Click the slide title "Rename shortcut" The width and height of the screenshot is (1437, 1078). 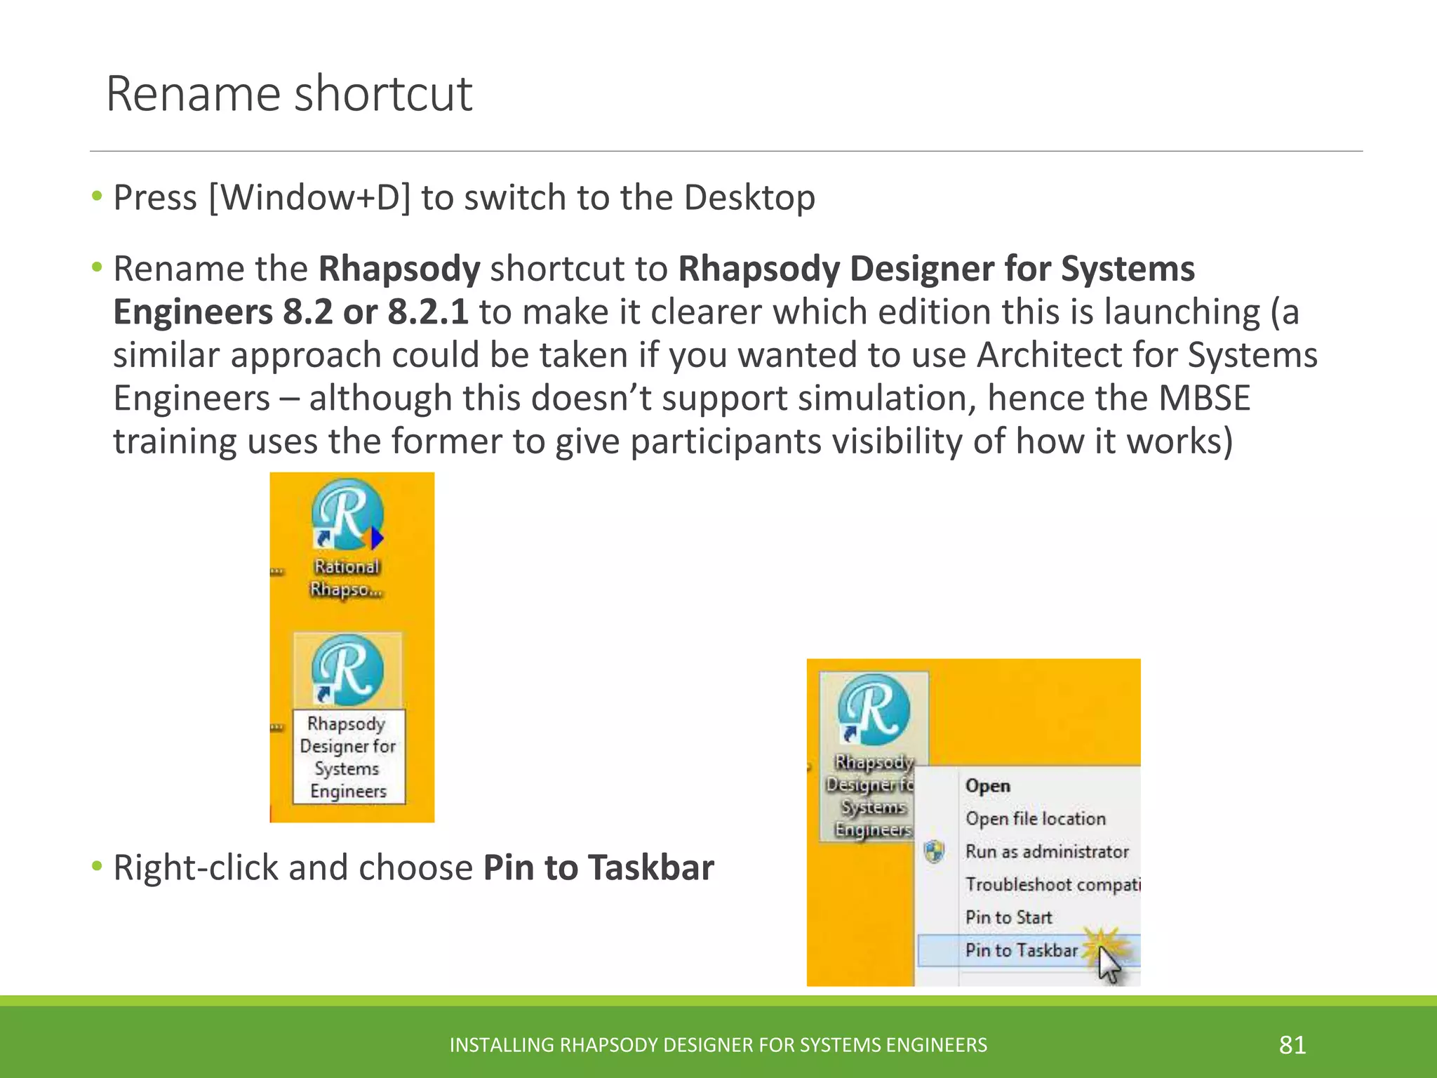[x=288, y=93]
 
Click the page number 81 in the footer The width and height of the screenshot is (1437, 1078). [x=1292, y=1045]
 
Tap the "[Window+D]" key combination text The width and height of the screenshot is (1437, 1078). [x=309, y=197]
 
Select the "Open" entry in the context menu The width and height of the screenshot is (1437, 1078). [x=988, y=786]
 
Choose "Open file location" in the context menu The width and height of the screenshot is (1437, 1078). [x=1035, y=819]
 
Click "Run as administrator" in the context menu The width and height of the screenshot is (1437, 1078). [x=1047, y=852]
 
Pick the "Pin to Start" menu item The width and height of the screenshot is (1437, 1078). [x=1008, y=918]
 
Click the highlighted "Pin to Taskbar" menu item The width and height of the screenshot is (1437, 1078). [x=1021, y=950]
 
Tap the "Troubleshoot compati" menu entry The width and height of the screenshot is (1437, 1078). [x=1052, y=885]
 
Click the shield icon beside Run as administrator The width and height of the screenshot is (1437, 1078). [x=934, y=852]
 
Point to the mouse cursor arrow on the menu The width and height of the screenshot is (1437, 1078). [x=1107, y=964]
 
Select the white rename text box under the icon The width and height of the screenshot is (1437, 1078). [x=348, y=757]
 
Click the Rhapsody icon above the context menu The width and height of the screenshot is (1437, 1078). [x=874, y=710]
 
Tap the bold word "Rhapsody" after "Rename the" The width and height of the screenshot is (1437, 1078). [x=399, y=269]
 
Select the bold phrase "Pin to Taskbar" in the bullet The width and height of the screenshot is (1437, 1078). [x=599, y=867]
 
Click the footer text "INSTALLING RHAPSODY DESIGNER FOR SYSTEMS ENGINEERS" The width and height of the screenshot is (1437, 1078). [x=718, y=1045]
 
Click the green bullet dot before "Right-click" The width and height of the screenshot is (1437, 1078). [x=97, y=866]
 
